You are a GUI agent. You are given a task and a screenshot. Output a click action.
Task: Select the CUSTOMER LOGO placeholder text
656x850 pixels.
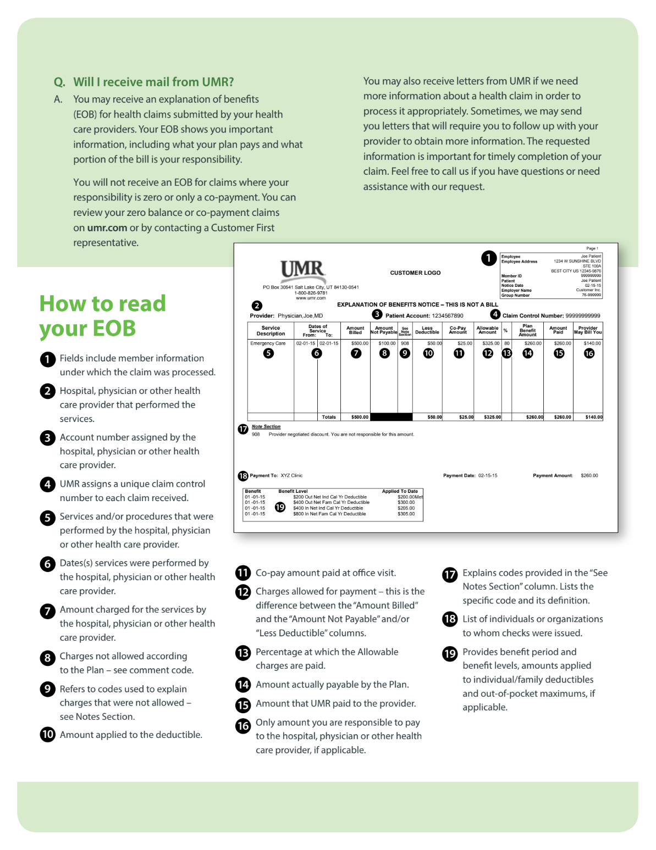pos(415,273)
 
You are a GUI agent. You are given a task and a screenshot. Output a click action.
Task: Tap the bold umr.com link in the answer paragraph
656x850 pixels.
pos(107,227)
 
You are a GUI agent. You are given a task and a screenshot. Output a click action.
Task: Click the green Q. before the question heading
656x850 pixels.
pos(59,82)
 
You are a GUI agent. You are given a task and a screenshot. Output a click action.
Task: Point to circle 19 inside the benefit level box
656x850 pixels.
pos(280,507)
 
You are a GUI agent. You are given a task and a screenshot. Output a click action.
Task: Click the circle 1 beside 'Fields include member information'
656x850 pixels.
pos(48,359)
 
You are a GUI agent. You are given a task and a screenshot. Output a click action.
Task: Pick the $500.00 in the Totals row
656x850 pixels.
pos(360,417)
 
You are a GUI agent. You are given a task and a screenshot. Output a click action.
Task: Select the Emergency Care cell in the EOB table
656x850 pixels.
pos(268,343)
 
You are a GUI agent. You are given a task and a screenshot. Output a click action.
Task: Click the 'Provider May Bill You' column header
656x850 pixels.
pos(588,330)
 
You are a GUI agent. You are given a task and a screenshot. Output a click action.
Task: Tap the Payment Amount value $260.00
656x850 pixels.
pos(589,476)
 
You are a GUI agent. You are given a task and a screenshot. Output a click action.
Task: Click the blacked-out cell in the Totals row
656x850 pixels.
pos(391,417)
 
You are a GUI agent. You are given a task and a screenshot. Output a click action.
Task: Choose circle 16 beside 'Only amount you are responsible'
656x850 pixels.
pos(243,726)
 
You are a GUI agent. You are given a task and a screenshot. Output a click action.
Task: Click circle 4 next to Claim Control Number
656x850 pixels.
pos(495,314)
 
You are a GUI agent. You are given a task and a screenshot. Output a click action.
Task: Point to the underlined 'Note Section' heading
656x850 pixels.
pos(266,427)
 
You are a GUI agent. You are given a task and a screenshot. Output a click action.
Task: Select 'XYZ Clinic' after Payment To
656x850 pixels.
pos(291,476)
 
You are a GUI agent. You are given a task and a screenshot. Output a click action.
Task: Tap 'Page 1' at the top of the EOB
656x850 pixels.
pos(592,248)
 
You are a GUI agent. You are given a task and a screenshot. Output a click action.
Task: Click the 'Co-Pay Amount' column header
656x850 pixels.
pos(457,330)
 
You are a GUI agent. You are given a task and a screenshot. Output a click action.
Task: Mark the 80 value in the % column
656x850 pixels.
pos(506,343)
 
